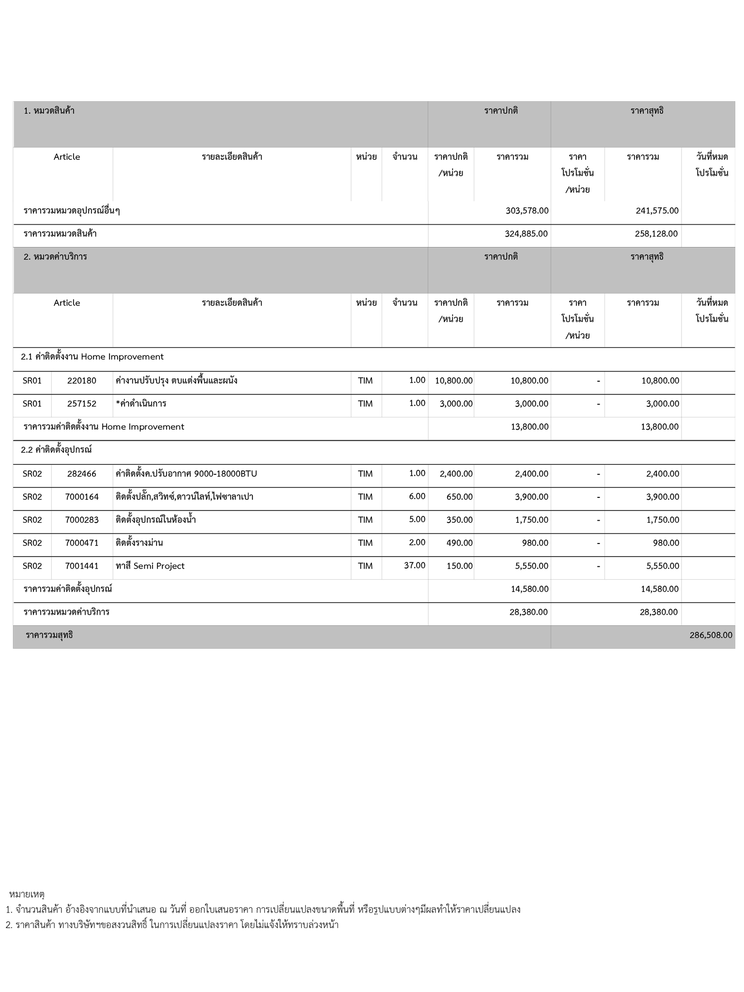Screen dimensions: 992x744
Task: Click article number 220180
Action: pyautogui.click(x=82, y=381)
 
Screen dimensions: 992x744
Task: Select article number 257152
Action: pyautogui.click(x=82, y=403)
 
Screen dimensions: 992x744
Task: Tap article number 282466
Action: pyautogui.click(x=82, y=474)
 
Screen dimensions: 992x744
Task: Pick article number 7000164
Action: pyautogui.click(x=82, y=496)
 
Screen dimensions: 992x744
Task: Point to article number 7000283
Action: pyautogui.click(x=82, y=520)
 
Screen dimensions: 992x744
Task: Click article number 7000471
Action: pyautogui.click(x=82, y=542)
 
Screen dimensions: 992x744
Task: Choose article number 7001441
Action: pyautogui.click(x=82, y=566)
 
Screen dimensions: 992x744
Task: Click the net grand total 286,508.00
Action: pyautogui.click(x=711, y=635)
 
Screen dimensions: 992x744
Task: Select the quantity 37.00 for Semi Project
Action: pyautogui.click(x=415, y=565)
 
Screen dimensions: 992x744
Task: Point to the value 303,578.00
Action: pyautogui.click(x=527, y=211)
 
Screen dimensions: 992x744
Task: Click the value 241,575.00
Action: pyautogui.click(x=657, y=211)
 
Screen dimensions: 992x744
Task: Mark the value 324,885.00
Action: pyautogui.click(x=526, y=233)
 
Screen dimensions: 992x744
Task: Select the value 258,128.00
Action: pyautogui.click(x=656, y=233)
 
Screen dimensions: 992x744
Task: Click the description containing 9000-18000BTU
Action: pyautogui.click(x=186, y=474)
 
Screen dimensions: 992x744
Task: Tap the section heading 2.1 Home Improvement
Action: pyautogui.click(x=92, y=357)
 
